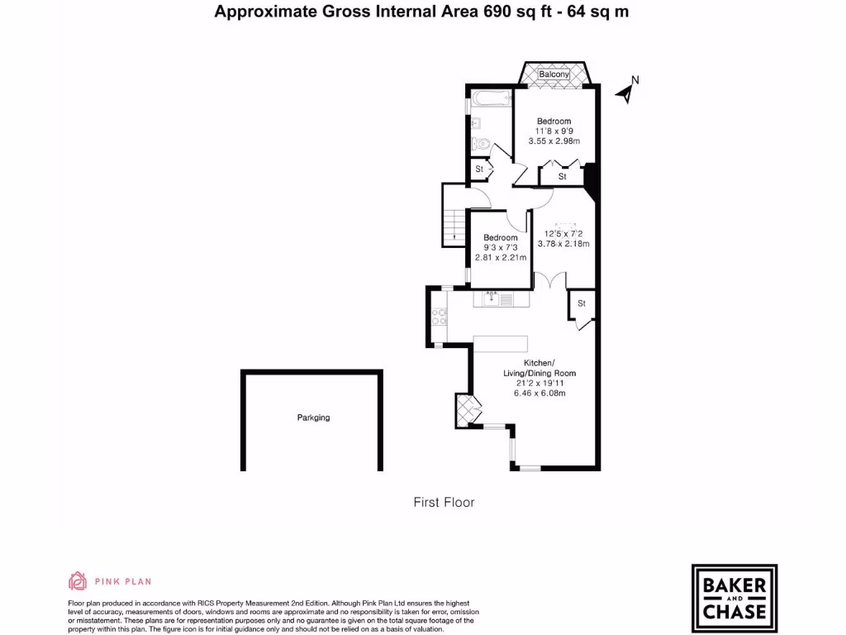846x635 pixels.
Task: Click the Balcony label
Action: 554,75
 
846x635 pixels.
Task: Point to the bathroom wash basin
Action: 476,125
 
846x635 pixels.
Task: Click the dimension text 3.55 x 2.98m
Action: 554,141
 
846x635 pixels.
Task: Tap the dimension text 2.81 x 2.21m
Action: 500,258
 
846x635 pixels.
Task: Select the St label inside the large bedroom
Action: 563,177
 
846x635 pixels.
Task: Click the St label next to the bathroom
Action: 478,170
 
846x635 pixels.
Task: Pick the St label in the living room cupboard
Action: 581,304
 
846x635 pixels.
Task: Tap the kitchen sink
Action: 492,298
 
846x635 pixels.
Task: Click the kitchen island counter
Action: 500,343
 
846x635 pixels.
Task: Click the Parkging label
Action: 313,418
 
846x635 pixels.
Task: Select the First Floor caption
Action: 444,502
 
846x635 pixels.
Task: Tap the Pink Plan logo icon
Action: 77,581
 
